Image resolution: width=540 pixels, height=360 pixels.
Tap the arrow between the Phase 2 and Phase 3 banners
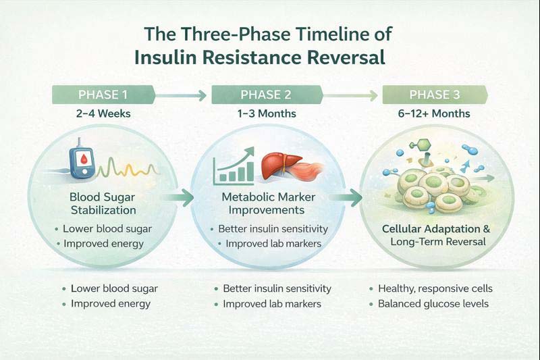354,95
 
